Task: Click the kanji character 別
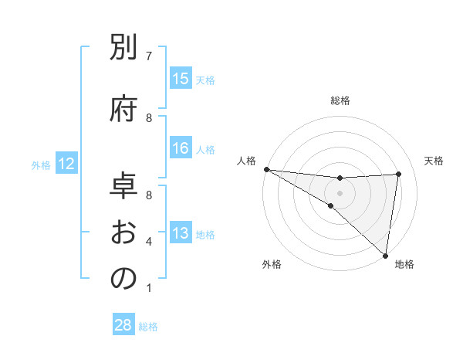point(123,49)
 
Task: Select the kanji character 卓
point(123,186)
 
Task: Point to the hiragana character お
point(123,231)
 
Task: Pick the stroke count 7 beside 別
point(149,56)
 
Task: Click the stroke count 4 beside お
point(149,242)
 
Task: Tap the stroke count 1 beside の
point(149,288)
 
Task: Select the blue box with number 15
point(181,79)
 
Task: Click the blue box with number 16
point(181,148)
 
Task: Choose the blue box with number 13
point(181,233)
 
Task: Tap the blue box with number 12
point(66,164)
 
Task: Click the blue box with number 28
point(123,325)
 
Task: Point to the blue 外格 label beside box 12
point(41,165)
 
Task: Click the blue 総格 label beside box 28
point(148,327)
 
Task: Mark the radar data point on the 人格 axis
point(266,168)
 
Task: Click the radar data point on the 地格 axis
point(385,254)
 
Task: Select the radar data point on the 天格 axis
point(399,174)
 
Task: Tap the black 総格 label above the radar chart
point(340,100)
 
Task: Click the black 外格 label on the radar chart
point(272,265)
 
